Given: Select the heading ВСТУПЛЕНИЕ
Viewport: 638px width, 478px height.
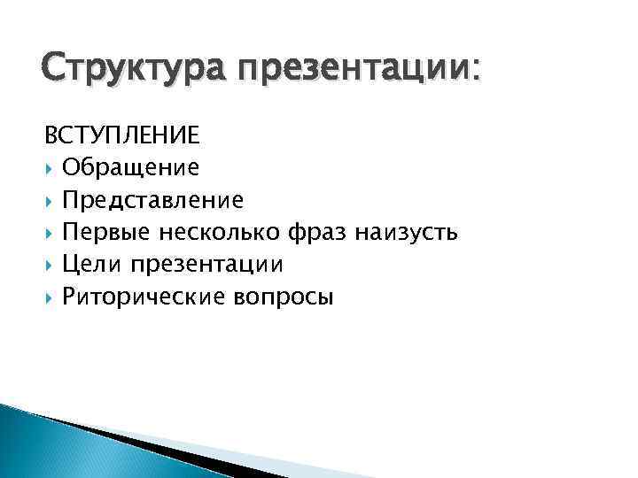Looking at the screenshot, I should (x=122, y=135).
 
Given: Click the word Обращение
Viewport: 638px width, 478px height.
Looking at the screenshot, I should (x=130, y=167).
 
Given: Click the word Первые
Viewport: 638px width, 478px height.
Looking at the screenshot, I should (x=105, y=232).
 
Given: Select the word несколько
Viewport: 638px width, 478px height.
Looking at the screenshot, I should (x=221, y=232).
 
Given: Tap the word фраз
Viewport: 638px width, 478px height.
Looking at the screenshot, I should (x=317, y=233).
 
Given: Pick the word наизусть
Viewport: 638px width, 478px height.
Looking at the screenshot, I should (x=406, y=233).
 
